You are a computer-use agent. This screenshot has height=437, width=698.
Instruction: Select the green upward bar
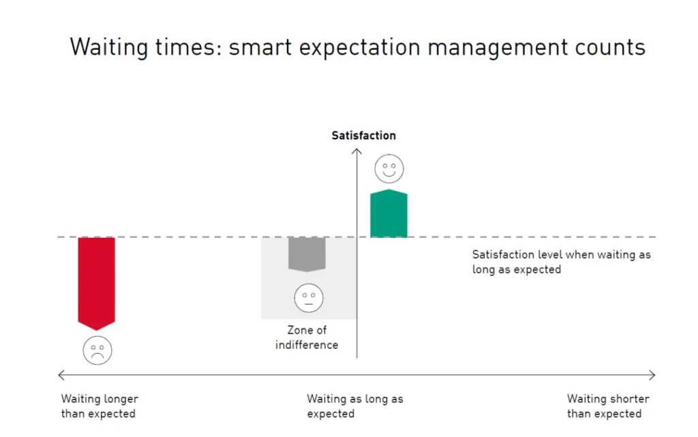(389, 213)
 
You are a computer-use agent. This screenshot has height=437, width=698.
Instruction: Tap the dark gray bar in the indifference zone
(307, 254)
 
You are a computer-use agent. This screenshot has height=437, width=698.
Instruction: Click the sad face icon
(97, 350)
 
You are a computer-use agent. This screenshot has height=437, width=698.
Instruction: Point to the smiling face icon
(389, 168)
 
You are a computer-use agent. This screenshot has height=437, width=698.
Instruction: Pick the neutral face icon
(309, 298)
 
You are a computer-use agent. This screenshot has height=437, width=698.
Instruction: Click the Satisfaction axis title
(364, 135)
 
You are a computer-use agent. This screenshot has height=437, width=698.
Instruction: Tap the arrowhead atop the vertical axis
(356, 151)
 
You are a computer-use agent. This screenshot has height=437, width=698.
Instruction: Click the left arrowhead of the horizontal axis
(61, 375)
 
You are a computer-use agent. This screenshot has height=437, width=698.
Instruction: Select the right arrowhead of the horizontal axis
(652, 375)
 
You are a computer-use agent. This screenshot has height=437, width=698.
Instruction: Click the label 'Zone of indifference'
(307, 337)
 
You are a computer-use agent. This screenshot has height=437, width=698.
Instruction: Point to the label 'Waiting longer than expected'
(100, 406)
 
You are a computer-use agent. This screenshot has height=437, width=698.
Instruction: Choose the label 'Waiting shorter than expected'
(608, 406)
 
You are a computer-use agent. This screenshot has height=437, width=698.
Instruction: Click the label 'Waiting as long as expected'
(354, 406)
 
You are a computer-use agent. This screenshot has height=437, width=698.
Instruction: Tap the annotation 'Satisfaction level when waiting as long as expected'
(562, 262)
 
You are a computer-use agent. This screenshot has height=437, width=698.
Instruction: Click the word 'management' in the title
(498, 48)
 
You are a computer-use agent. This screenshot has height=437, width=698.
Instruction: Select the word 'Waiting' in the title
(109, 48)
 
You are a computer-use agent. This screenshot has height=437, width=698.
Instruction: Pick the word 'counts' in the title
(610, 48)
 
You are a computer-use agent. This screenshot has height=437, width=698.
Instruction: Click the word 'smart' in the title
(260, 48)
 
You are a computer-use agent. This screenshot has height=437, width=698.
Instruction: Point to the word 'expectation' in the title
(360, 48)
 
